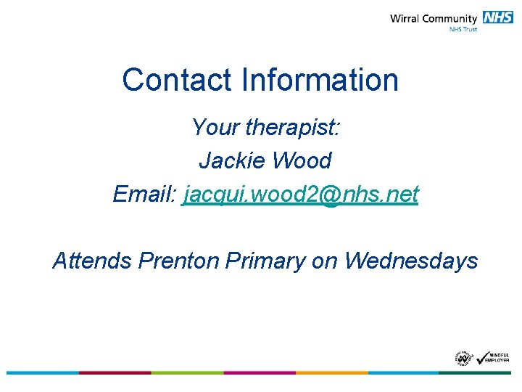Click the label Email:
145,194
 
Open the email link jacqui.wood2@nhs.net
302,195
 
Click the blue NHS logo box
498,18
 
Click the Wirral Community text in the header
433,19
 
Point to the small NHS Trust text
463,30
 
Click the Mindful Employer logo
494,357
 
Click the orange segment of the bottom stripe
331,372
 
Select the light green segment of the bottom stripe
187,372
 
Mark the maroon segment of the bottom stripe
115,372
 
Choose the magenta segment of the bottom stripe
260,372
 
